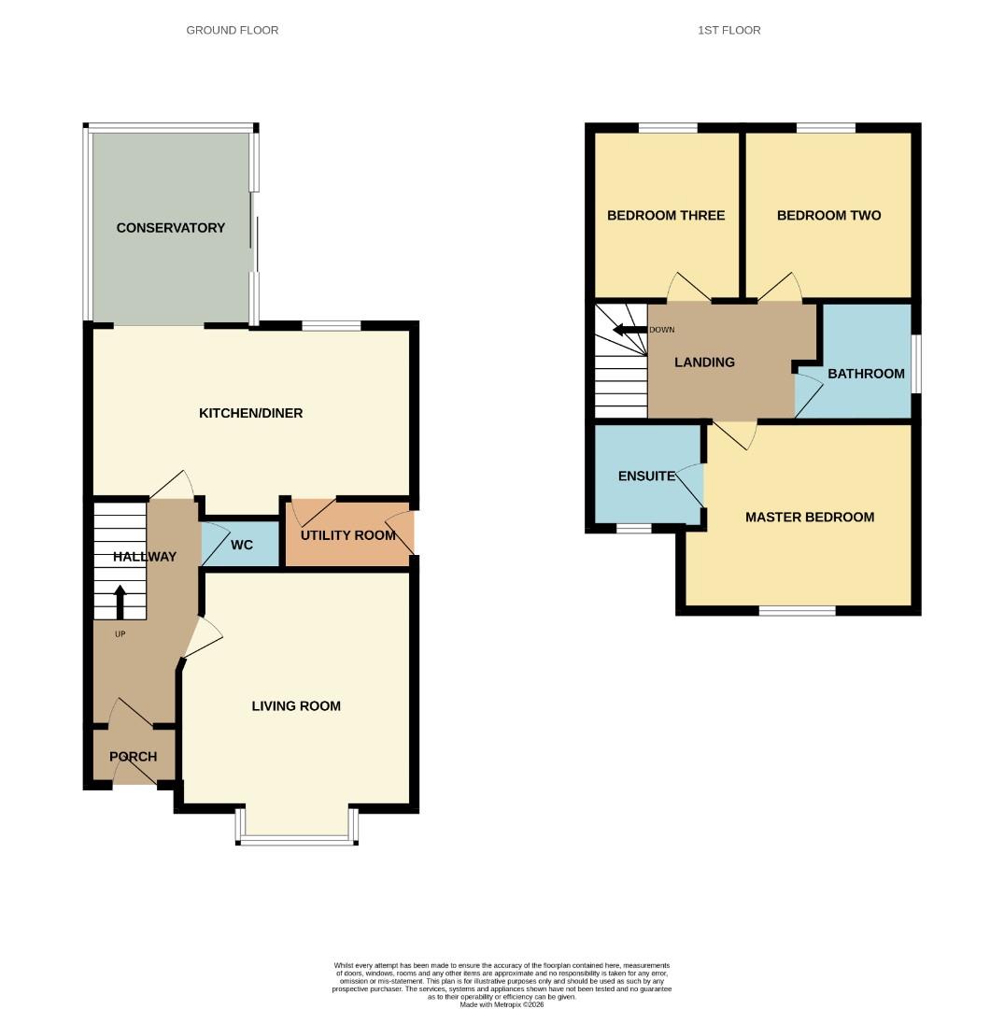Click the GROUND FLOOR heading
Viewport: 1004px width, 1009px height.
point(232,30)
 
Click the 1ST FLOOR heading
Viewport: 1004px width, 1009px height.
point(728,30)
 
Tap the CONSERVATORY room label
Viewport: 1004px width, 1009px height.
point(171,228)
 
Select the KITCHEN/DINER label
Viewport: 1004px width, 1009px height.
point(250,413)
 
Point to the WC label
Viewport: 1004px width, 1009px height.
point(241,545)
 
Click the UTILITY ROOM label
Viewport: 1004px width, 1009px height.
point(347,535)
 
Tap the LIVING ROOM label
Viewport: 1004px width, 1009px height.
point(296,706)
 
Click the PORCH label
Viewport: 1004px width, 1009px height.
point(133,757)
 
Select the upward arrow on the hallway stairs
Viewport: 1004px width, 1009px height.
point(120,602)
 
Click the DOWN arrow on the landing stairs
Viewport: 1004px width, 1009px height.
point(629,330)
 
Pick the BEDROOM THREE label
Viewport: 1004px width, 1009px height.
point(665,216)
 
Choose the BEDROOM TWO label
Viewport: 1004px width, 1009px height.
point(828,216)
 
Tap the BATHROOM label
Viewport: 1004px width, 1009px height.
point(866,374)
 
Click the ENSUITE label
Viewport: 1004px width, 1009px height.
point(646,476)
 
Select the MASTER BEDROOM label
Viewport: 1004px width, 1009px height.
point(809,517)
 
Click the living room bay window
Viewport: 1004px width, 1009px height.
point(297,840)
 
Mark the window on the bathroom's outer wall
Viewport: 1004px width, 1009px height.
point(915,364)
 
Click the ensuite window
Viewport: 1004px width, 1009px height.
point(633,529)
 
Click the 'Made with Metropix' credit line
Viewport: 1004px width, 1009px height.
point(502,1004)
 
